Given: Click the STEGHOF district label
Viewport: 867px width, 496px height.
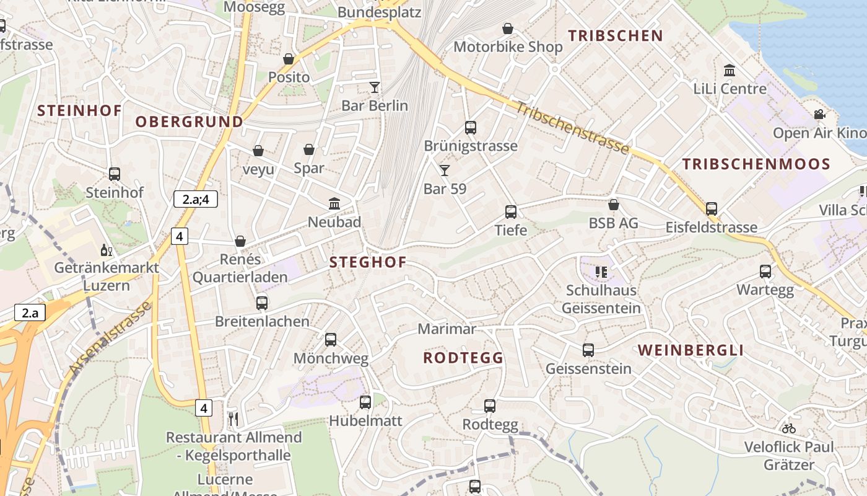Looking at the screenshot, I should (x=368, y=262).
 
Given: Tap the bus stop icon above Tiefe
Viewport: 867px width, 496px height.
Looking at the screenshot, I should (x=511, y=212).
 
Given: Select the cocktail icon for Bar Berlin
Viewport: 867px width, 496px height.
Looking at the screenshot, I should (x=375, y=87).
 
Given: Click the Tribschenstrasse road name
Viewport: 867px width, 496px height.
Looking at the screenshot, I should (x=572, y=128).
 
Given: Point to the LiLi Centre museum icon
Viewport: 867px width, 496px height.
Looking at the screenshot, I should (x=730, y=71).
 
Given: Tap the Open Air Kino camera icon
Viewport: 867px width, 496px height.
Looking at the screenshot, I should (x=819, y=115).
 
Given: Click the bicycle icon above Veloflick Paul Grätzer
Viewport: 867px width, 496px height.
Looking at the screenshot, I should (x=788, y=428).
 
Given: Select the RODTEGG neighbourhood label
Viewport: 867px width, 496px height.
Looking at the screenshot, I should (x=463, y=358).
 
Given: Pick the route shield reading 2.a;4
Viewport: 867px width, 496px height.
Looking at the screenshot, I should (x=195, y=199).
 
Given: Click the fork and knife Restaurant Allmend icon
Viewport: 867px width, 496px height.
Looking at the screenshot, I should (x=233, y=419).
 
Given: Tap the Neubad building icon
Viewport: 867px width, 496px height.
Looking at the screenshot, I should (x=334, y=203).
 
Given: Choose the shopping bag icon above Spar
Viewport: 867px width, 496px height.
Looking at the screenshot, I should (x=309, y=149).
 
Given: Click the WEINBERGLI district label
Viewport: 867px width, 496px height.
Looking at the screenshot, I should (x=691, y=350).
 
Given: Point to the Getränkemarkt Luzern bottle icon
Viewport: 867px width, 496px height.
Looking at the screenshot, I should (x=107, y=250).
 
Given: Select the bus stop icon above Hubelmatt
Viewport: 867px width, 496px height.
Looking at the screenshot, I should (x=365, y=402).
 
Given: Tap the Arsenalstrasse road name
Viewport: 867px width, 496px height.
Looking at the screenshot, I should (x=110, y=338).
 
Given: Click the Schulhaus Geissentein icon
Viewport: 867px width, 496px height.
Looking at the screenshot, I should (x=600, y=272).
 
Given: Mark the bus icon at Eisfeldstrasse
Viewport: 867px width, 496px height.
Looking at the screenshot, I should (x=712, y=209).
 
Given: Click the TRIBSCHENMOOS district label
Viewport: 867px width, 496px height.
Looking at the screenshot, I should (x=756, y=164).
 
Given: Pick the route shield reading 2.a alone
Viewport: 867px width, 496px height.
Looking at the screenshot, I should (x=30, y=312).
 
